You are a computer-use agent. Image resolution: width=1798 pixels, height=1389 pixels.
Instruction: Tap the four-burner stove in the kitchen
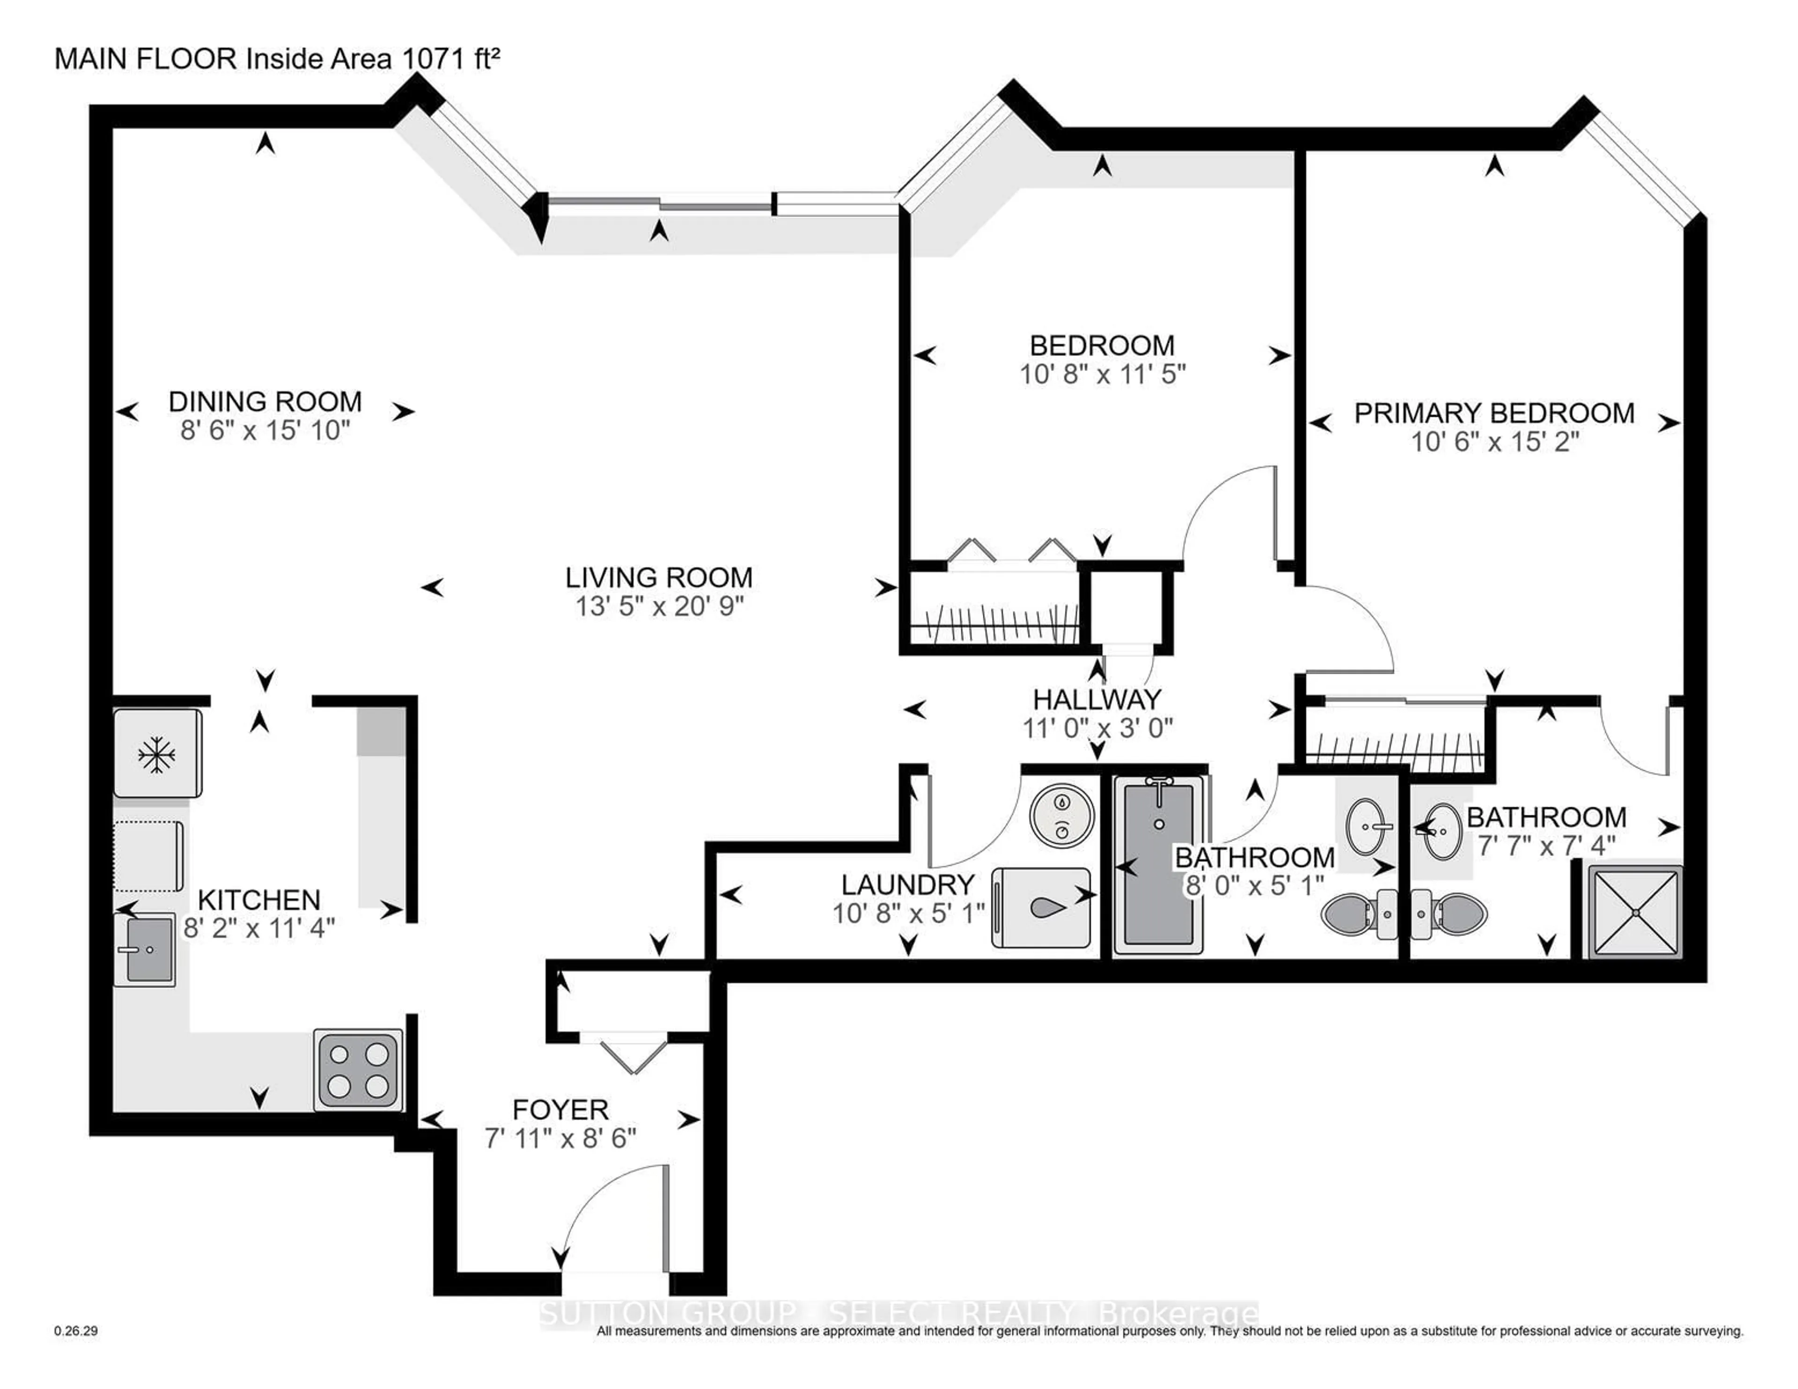[358, 1070]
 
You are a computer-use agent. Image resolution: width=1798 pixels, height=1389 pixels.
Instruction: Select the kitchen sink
[145, 949]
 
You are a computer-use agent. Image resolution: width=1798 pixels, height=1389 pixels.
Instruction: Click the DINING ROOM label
[265, 402]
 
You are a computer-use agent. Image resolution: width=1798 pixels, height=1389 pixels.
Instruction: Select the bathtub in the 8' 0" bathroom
[1158, 865]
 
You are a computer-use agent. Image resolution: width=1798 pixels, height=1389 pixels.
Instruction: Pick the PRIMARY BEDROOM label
[1494, 413]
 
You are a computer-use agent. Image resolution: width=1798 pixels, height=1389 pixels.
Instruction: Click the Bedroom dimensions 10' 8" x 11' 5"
[1102, 375]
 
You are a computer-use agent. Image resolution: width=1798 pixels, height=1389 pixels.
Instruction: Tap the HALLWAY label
[1097, 700]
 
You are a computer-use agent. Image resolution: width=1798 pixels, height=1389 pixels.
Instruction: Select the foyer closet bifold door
[632, 1056]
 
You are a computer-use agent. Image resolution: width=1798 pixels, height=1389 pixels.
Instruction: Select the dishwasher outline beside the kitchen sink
[148, 856]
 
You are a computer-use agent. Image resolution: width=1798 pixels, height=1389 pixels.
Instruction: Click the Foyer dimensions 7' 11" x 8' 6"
[560, 1139]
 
